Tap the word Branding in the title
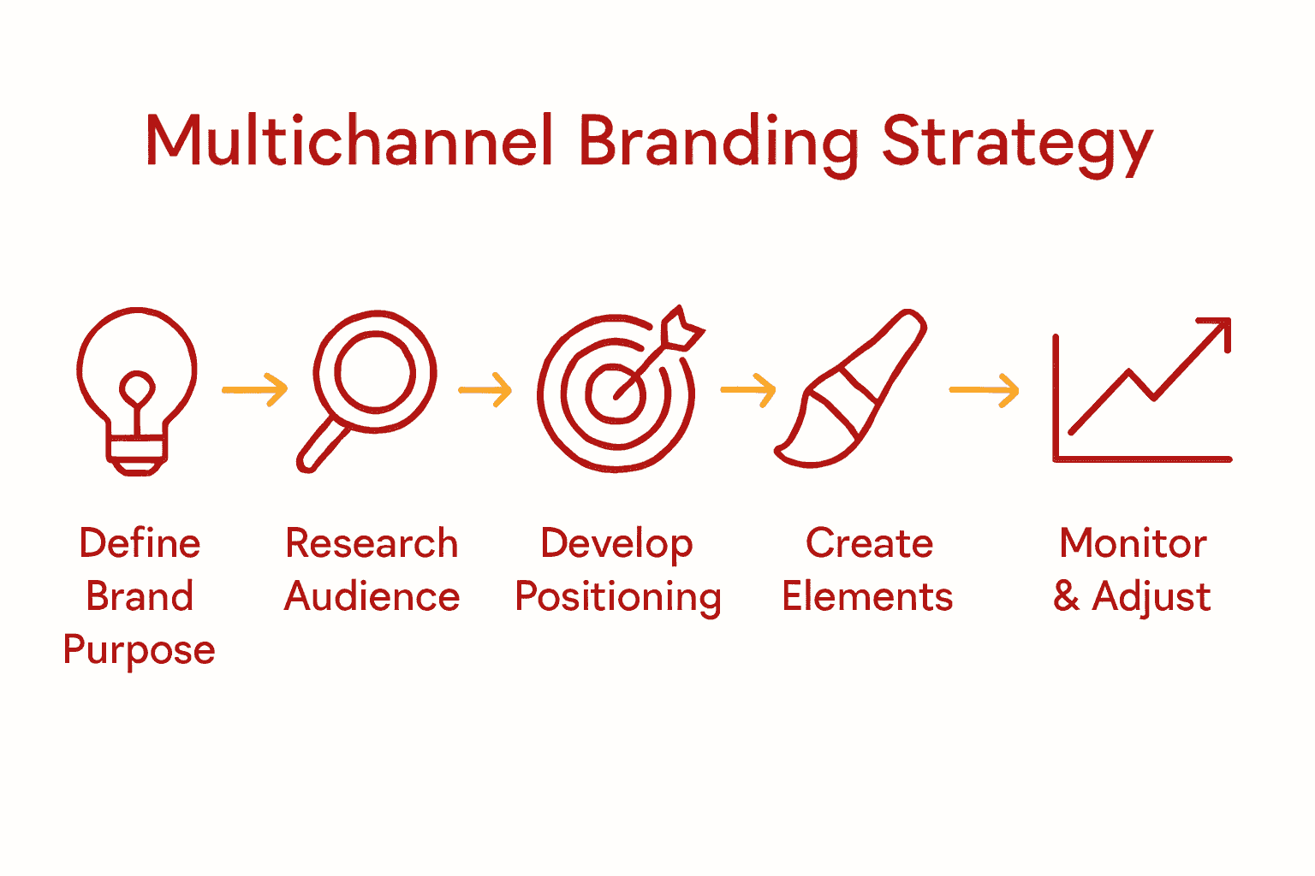click(x=718, y=142)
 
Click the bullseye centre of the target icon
click(x=615, y=393)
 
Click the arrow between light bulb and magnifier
click(x=255, y=390)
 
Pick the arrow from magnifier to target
click(x=485, y=390)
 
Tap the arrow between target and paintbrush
click(x=747, y=390)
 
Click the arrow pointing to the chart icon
click(x=985, y=390)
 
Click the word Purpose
click(x=139, y=650)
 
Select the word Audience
click(x=372, y=596)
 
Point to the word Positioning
click(x=617, y=597)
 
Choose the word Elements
click(x=867, y=596)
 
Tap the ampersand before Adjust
click(x=1066, y=596)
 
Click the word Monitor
click(x=1133, y=543)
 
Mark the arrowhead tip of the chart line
click(x=1228, y=321)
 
